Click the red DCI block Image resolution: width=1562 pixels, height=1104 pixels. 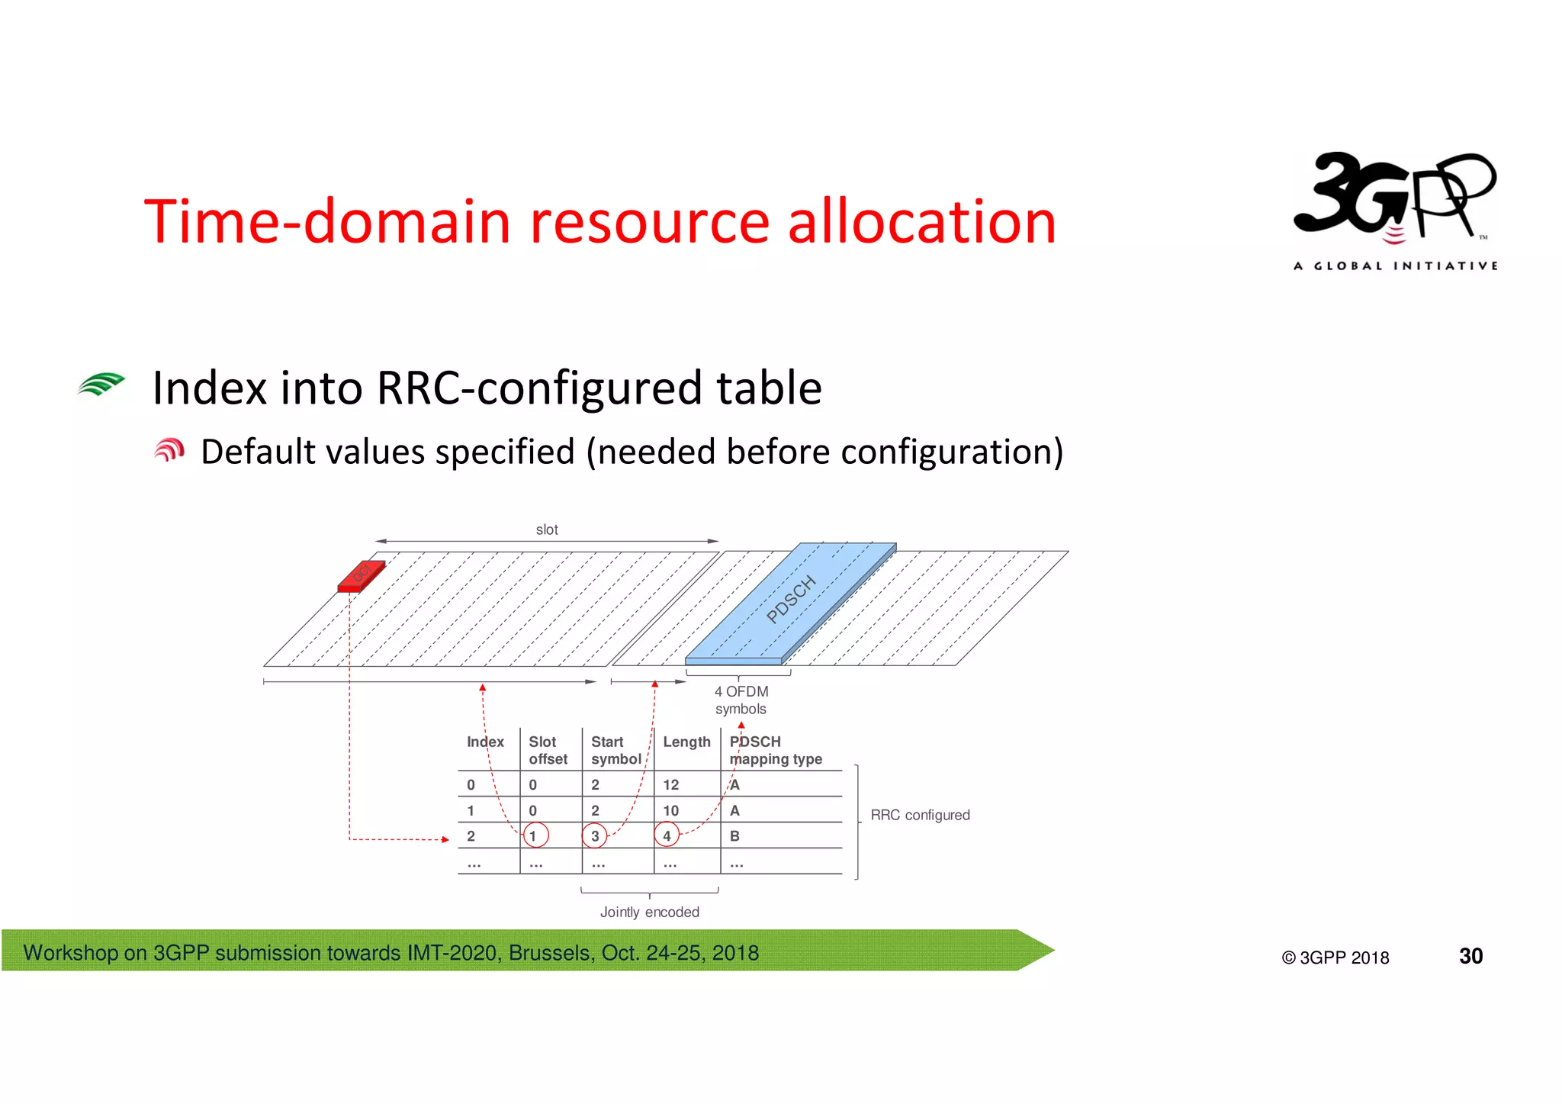362,576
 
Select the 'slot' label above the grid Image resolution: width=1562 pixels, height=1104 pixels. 546,529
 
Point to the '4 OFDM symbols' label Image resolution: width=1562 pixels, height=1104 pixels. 741,700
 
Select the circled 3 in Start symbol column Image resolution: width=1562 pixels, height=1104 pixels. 594,835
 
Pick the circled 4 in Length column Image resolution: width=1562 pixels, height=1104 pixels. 667,835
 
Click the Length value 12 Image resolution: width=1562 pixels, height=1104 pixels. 670,784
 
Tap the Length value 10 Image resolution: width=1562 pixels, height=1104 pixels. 670,810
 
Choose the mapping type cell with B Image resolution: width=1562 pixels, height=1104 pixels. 734,836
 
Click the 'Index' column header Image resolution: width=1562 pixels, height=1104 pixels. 485,742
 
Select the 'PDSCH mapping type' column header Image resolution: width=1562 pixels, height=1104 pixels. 775,750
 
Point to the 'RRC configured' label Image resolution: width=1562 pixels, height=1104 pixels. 920,815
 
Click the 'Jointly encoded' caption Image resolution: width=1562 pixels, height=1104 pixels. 649,912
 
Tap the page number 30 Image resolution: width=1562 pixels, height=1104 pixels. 1470,956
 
